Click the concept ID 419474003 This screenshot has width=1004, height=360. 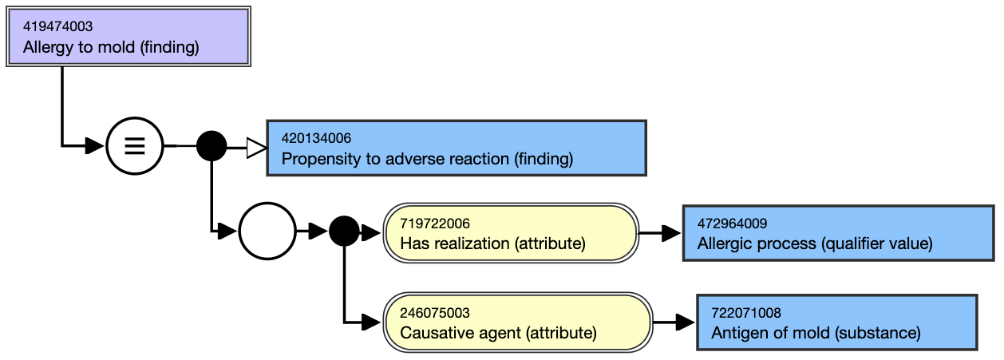(x=57, y=26)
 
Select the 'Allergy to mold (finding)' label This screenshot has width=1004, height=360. (x=111, y=47)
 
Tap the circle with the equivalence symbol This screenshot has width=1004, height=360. (x=134, y=146)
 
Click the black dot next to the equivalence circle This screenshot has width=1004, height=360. (x=211, y=146)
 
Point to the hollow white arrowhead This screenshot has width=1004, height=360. (x=257, y=148)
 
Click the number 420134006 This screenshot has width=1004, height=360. (x=316, y=138)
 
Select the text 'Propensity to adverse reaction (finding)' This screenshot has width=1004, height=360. (x=427, y=159)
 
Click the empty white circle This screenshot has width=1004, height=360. (x=267, y=231)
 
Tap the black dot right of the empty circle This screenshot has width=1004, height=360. (x=344, y=231)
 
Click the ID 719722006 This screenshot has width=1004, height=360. (x=435, y=224)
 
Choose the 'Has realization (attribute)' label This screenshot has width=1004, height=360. (x=492, y=243)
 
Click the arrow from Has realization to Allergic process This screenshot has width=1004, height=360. (x=659, y=233)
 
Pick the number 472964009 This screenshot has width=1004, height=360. (x=732, y=224)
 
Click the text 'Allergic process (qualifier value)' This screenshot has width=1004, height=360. (x=815, y=243)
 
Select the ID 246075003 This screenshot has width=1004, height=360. (x=435, y=312)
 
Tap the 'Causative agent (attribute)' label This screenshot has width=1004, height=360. (x=498, y=333)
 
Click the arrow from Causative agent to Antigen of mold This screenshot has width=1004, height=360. (x=674, y=322)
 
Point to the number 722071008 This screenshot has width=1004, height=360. (x=746, y=312)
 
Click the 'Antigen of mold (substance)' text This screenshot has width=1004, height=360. (x=816, y=333)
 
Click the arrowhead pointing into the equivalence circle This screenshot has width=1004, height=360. (x=94, y=146)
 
